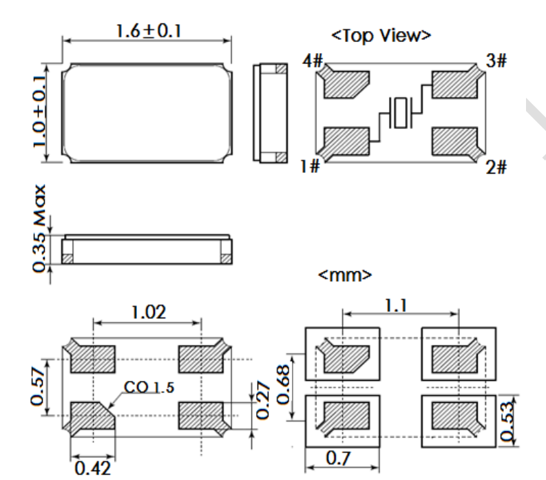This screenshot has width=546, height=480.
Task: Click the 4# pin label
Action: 313,61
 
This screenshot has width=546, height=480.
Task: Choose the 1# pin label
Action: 311,167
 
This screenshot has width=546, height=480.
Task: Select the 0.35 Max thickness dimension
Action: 40,228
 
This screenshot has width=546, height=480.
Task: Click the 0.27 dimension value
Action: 262,401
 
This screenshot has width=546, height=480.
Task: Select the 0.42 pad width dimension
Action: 92,469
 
